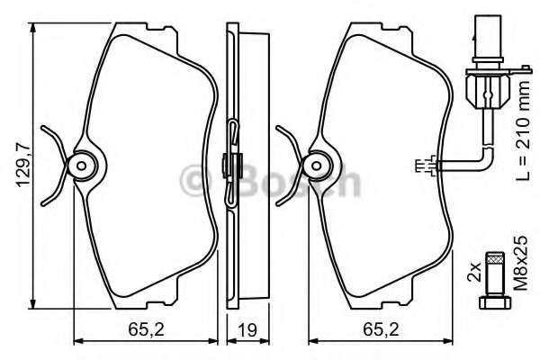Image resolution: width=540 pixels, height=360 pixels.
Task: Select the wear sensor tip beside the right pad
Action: click(428, 164)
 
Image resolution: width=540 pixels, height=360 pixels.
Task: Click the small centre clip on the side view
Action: click(228, 165)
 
